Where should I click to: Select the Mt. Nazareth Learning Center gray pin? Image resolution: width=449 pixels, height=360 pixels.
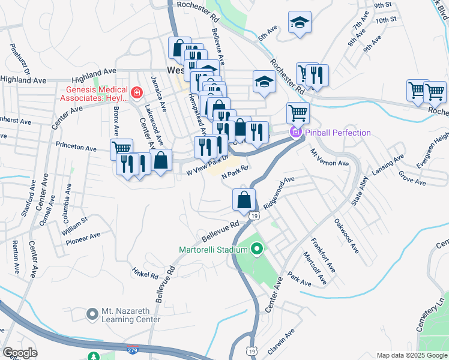92,314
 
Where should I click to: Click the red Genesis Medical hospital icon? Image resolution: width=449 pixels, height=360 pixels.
137,92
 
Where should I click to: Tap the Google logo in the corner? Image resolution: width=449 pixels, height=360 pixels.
19,353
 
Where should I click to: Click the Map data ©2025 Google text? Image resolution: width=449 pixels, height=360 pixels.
412,355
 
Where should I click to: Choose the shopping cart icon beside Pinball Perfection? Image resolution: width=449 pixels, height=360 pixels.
298,112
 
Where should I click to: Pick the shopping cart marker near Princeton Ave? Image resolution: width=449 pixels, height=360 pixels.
121,149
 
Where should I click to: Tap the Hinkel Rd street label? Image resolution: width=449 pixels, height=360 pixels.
145,274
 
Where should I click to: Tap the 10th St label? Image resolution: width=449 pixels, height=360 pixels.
385,20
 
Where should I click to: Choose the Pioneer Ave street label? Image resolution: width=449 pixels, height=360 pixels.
83,238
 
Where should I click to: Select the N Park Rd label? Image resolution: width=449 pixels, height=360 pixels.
235,172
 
